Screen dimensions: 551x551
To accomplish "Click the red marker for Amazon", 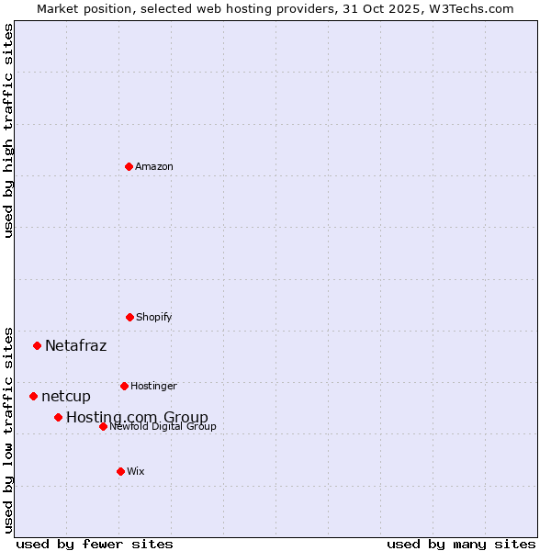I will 129,166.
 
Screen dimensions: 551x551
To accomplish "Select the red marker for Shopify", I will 129,317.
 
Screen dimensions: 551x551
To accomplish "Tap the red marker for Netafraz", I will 38,345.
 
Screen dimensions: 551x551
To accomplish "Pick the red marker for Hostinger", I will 124,386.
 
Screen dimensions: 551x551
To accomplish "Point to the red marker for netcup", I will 34,396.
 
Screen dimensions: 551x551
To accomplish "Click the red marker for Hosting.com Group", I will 58,417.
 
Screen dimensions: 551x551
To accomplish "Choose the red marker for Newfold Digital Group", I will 103,426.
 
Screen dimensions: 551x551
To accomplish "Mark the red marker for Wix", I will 120,471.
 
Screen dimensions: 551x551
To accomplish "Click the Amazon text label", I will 154,167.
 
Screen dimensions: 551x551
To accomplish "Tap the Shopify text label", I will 154,318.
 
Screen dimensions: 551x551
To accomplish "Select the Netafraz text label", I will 76,346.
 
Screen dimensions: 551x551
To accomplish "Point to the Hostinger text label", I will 153,387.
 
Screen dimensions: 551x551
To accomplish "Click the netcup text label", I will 66,397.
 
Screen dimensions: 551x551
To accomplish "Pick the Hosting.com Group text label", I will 137,418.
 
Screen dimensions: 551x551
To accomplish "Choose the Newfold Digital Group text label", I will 163,427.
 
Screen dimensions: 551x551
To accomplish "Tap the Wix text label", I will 136,472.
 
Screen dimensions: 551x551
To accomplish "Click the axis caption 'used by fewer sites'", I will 95,545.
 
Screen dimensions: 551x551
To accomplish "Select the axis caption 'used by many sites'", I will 461,545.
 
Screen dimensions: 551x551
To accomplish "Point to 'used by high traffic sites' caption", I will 8,130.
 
